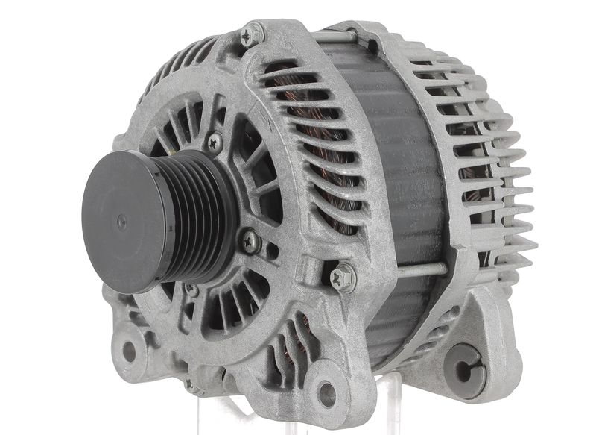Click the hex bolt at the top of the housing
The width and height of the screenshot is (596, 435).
tap(252, 34)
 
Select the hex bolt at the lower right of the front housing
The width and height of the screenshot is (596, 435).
tap(343, 277)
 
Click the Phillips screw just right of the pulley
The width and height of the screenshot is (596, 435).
tap(250, 240)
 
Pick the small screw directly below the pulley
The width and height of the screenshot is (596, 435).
tap(192, 290)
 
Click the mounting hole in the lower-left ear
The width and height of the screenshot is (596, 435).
tap(130, 351)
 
